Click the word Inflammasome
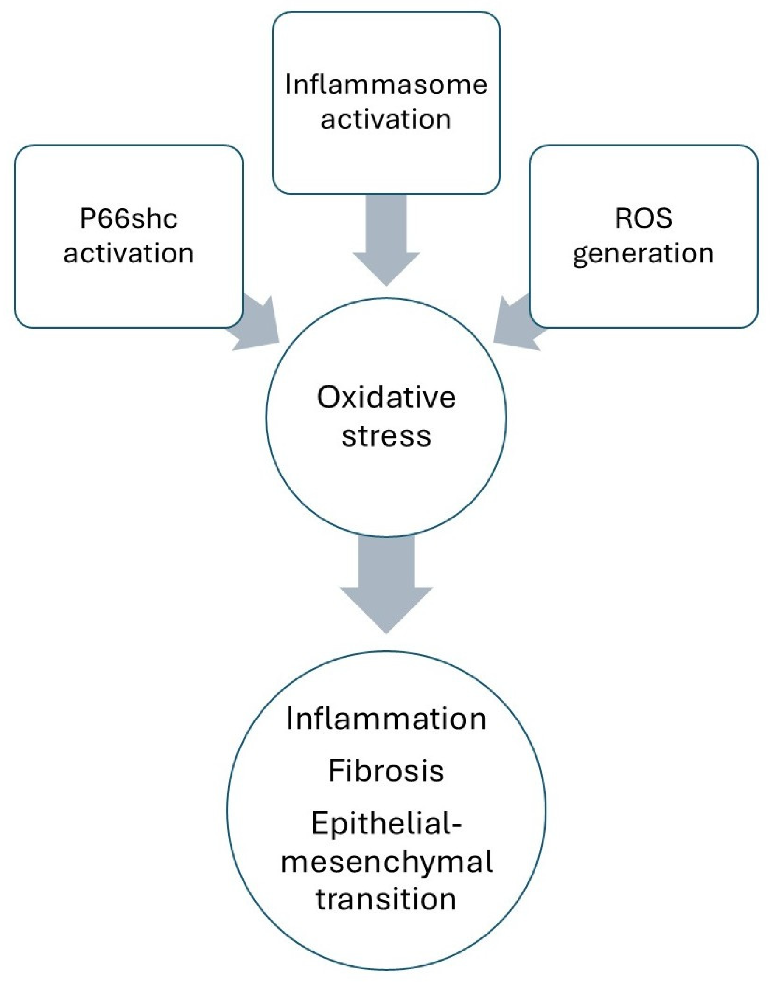click(386, 84)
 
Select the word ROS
click(643, 218)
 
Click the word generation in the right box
click(643, 254)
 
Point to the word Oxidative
click(386, 397)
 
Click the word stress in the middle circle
click(386, 436)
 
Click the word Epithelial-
click(386, 824)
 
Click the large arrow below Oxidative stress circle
click(386, 586)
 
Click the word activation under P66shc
click(129, 253)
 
